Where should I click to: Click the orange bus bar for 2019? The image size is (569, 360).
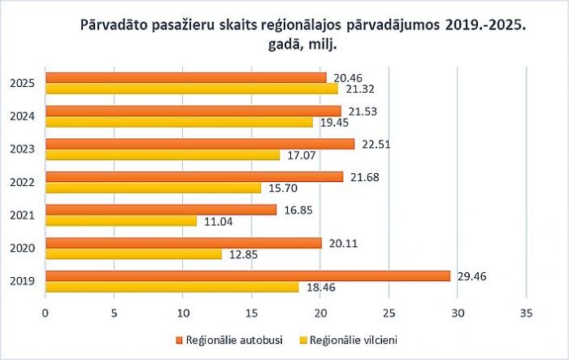(x=247, y=275)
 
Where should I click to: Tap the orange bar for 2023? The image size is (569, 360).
(x=199, y=144)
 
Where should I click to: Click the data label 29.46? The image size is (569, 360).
(x=467, y=275)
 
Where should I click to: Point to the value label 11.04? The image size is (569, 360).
(x=215, y=221)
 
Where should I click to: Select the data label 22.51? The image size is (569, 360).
(x=372, y=144)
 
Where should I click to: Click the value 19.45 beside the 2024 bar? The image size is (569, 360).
(x=331, y=122)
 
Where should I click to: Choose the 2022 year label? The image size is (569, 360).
(x=22, y=182)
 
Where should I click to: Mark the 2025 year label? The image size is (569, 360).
(x=22, y=83)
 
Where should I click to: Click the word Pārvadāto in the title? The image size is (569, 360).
(x=115, y=26)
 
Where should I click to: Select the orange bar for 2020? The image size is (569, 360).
(x=183, y=242)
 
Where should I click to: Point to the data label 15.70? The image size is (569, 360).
(x=279, y=188)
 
